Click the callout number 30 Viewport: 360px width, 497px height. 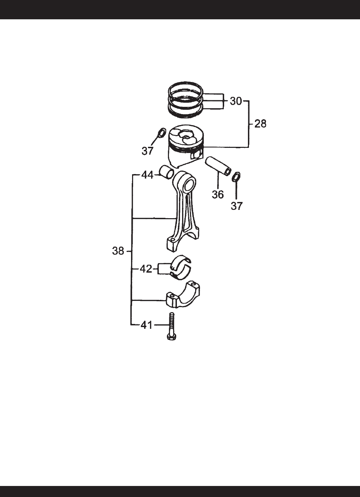(x=236, y=101)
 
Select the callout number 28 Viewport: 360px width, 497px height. (x=260, y=124)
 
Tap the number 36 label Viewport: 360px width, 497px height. (x=218, y=194)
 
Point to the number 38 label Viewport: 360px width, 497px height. (x=118, y=251)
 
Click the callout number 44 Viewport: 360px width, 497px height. (x=147, y=175)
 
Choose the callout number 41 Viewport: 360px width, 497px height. (x=147, y=325)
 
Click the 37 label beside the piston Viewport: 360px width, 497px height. (x=147, y=151)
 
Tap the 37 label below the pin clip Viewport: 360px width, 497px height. (x=237, y=206)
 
